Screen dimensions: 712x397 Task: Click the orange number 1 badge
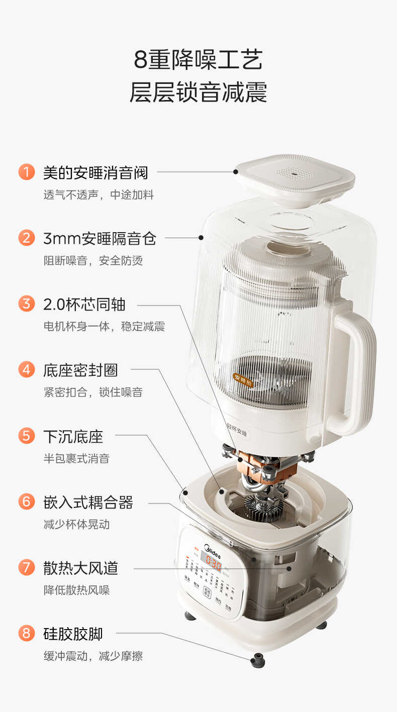point(26,172)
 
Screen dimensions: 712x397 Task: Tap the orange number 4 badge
point(26,370)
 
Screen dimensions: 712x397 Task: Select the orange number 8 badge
point(26,633)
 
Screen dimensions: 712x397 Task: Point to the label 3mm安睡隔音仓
point(100,238)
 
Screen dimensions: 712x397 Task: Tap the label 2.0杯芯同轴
point(84,304)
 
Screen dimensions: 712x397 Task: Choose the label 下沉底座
point(73,436)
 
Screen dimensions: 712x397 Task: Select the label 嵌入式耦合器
point(88,502)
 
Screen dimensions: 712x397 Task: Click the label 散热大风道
point(80,568)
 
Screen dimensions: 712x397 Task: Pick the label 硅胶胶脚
point(73,634)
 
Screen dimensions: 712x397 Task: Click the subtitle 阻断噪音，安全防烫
point(93,261)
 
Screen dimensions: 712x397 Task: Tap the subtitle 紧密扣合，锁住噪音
point(93,392)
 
